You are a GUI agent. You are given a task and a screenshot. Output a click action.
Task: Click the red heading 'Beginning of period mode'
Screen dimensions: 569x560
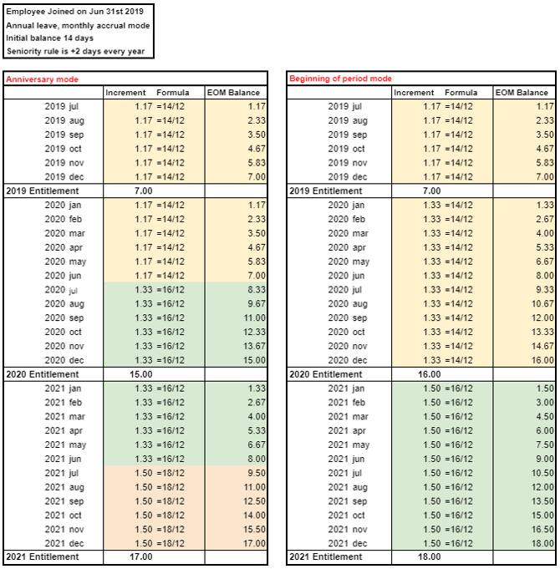tap(340, 79)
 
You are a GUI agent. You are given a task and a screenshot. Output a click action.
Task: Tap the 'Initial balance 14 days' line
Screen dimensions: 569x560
tap(49, 38)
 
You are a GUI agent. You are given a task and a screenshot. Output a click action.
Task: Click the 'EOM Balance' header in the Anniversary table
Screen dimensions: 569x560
tap(236, 93)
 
